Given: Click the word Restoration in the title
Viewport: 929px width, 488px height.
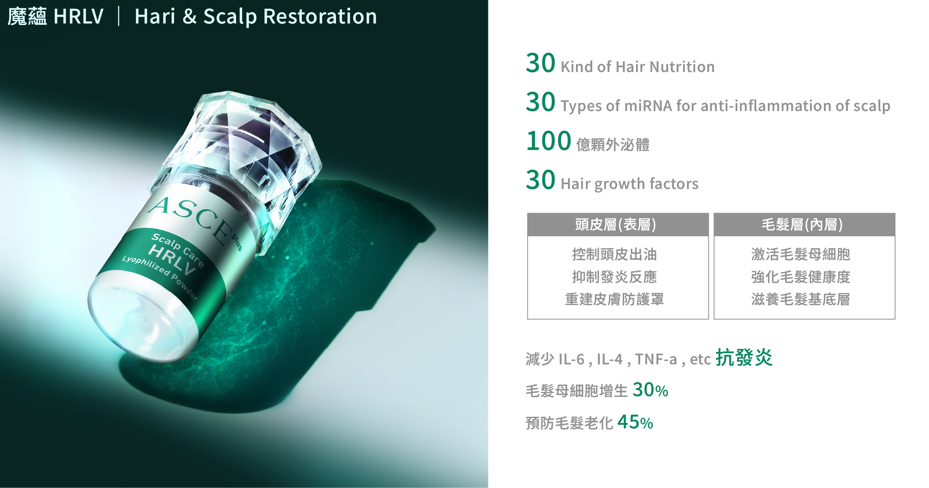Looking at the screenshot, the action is click(x=320, y=17).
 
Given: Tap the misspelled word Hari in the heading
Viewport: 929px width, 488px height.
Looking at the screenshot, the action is click(x=155, y=17).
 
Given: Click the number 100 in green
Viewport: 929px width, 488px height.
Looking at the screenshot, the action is click(x=548, y=141).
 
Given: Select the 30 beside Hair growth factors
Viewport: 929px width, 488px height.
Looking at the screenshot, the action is click(x=541, y=180).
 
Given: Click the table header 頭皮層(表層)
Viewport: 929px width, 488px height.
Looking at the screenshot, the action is click(x=615, y=225).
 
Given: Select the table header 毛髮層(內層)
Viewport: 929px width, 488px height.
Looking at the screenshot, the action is click(x=802, y=225).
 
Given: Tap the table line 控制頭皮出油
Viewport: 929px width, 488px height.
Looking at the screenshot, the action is click(x=615, y=254).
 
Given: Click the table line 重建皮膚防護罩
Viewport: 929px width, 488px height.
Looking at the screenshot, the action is click(x=615, y=299).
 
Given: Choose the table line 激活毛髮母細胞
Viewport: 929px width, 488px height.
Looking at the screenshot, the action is click(x=801, y=254).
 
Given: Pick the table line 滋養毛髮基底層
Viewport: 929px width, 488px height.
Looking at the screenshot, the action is click(x=801, y=299).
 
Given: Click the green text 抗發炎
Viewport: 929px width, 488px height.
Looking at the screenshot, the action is click(x=744, y=357).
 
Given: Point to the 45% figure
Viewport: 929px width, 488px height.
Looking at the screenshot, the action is click(x=635, y=422).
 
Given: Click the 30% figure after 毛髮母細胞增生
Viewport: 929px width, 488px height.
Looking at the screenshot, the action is click(x=650, y=390).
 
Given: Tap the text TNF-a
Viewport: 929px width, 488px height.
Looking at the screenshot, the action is click(x=656, y=359).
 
